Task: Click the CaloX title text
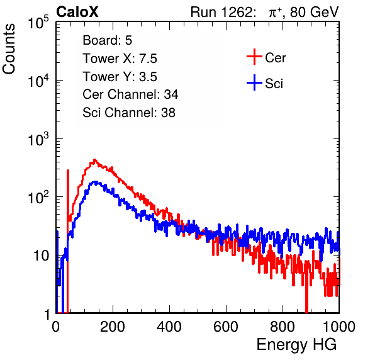[77, 12]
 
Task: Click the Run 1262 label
[221, 12]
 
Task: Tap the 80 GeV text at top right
[314, 12]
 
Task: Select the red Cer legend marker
[254, 57]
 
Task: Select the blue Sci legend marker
[254, 82]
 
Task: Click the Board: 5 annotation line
[107, 40]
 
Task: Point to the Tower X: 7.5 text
[120, 59]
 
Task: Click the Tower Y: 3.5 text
[120, 77]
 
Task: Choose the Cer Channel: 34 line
[130, 94]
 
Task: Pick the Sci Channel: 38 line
[129, 113]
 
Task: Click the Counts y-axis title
[9, 49]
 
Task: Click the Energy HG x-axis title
[296, 345]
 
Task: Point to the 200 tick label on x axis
[113, 327]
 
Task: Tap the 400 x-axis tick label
[169, 327]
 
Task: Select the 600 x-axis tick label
[226, 327]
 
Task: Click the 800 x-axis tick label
[283, 327]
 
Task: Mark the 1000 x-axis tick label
[339, 327]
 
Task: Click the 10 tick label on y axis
[41, 256]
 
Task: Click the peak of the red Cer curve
[94, 160]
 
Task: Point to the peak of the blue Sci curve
[96, 182]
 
